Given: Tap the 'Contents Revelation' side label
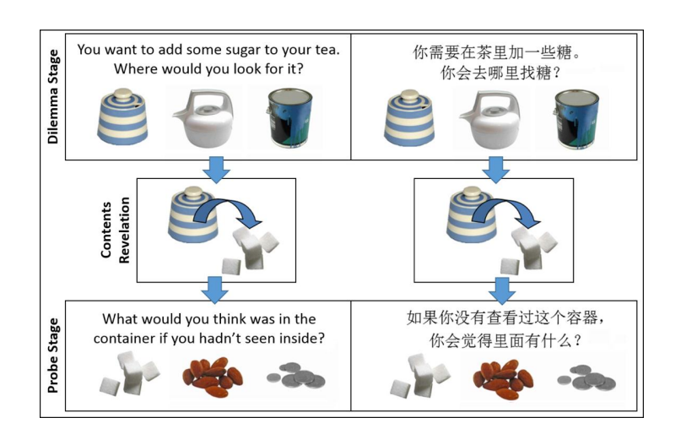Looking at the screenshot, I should click(x=116, y=230).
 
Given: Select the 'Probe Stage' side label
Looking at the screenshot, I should click(x=53, y=355).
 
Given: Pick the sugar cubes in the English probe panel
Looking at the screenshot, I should click(x=127, y=377).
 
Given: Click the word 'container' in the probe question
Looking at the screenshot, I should click(x=135, y=339).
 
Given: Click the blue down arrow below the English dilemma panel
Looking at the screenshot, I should click(x=217, y=167).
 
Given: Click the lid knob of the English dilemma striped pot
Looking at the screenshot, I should click(x=126, y=92).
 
